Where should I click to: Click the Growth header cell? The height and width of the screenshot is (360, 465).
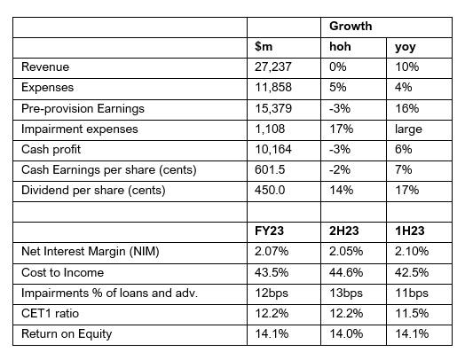[x=351, y=27]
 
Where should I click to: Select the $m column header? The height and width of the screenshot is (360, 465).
[x=264, y=46]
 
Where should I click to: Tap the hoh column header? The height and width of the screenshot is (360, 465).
[x=340, y=46]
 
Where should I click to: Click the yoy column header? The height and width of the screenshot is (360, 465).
[x=406, y=47]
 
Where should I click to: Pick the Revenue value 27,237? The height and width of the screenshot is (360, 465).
[x=273, y=67]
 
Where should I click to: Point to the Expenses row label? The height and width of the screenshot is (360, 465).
[x=47, y=88]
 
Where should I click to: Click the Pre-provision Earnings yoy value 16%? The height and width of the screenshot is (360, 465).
[x=406, y=108]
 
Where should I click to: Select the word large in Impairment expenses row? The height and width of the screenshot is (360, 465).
[x=408, y=129]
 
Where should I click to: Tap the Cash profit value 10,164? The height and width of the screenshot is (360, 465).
[x=273, y=149]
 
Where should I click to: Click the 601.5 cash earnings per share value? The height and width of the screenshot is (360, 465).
[x=270, y=169]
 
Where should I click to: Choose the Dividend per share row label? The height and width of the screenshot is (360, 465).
[x=93, y=191]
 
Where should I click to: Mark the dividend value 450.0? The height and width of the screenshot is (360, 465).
[x=270, y=190]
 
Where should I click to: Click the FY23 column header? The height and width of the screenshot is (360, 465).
[x=269, y=231]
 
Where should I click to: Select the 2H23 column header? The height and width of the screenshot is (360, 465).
[x=344, y=231]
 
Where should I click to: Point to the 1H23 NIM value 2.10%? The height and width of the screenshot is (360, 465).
[x=412, y=252]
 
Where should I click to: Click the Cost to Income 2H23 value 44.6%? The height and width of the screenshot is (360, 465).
[x=346, y=272]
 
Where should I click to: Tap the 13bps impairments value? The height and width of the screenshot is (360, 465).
[x=346, y=293]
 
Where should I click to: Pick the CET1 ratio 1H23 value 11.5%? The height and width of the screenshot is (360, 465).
[x=412, y=313]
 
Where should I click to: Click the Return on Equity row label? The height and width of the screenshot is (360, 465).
[x=67, y=334]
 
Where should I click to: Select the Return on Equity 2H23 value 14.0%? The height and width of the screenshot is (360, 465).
[x=346, y=333]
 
